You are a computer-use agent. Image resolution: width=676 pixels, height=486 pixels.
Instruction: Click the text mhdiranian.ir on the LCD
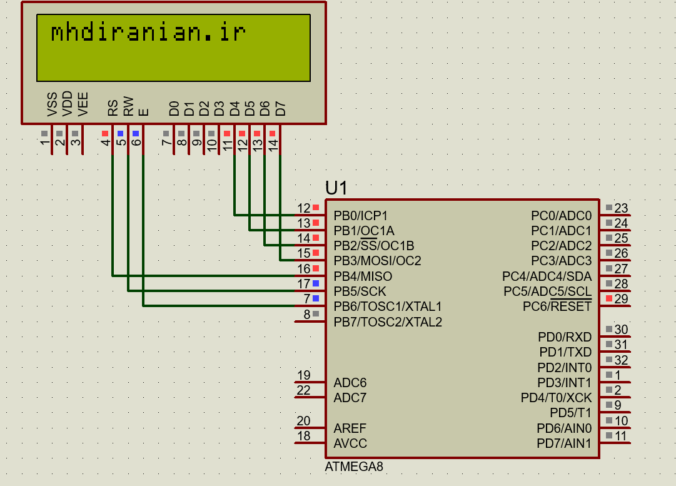pyautogui.click(x=148, y=33)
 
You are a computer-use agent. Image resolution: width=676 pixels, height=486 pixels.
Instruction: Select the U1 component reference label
pyautogui.click(x=336, y=188)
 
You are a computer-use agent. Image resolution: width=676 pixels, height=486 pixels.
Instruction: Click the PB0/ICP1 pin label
pyautogui.click(x=361, y=216)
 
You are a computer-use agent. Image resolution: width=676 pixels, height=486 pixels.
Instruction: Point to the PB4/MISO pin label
pyautogui.click(x=363, y=276)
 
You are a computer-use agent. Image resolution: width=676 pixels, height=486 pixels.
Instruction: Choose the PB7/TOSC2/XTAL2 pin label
pyautogui.click(x=388, y=322)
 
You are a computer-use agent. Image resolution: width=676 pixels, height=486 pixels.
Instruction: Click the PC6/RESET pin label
pyautogui.click(x=557, y=306)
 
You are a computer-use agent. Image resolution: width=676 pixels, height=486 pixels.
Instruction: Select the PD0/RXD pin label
pyautogui.click(x=564, y=337)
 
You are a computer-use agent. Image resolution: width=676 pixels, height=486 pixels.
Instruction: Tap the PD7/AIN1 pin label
pyautogui.click(x=564, y=443)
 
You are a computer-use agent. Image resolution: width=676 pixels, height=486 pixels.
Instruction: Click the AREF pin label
pyautogui.click(x=350, y=428)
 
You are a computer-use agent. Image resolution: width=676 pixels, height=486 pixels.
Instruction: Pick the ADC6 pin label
pyautogui.click(x=350, y=383)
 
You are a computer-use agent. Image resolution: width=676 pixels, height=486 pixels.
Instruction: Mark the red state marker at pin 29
pyautogui.click(x=609, y=298)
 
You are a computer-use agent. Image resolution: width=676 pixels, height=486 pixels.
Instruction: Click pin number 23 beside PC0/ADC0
pyautogui.click(x=621, y=208)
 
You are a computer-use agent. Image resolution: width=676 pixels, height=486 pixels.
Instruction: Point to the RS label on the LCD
pyautogui.click(x=113, y=108)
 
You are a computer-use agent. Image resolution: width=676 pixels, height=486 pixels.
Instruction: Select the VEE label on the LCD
pyautogui.click(x=83, y=104)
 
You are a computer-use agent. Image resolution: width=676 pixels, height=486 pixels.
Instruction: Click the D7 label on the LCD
pyautogui.click(x=280, y=109)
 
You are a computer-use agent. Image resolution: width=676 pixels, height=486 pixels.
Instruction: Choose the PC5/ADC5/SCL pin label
pyautogui.click(x=547, y=291)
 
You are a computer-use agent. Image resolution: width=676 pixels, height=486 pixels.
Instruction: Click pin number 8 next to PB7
pyautogui.click(x=306, y=314)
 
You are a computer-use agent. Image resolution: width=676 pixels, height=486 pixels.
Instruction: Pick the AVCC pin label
pyautogui.click(x=350, y=443)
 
